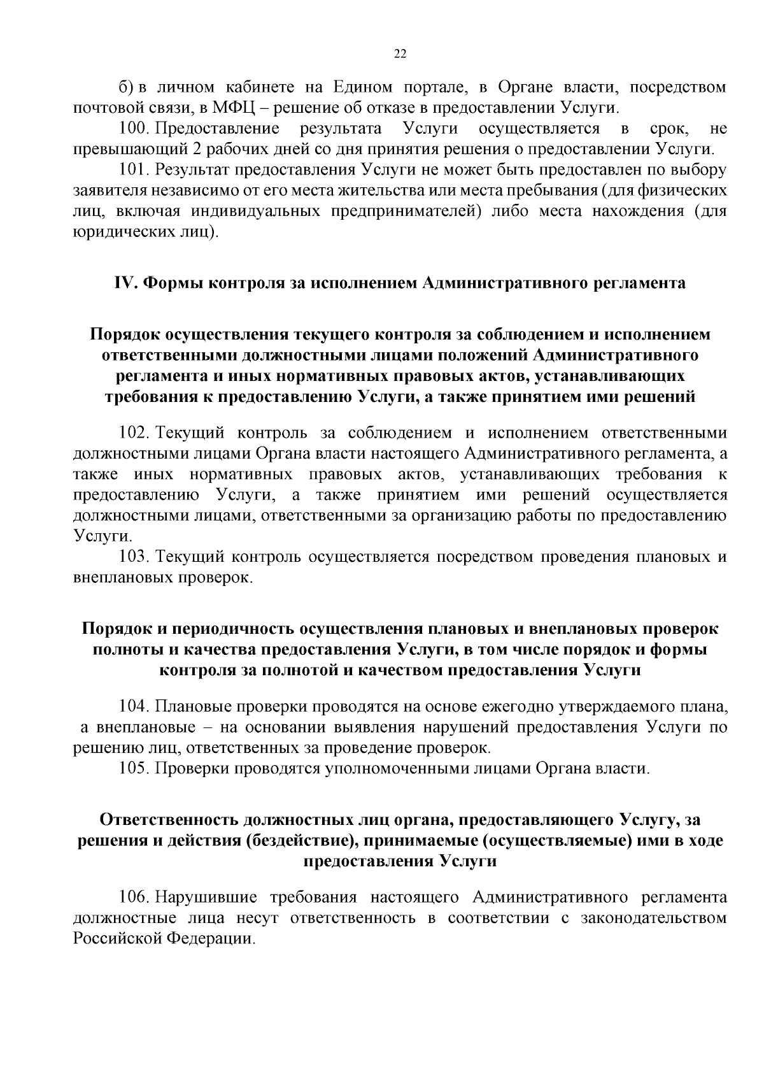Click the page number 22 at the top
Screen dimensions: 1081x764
coord(400,54)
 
